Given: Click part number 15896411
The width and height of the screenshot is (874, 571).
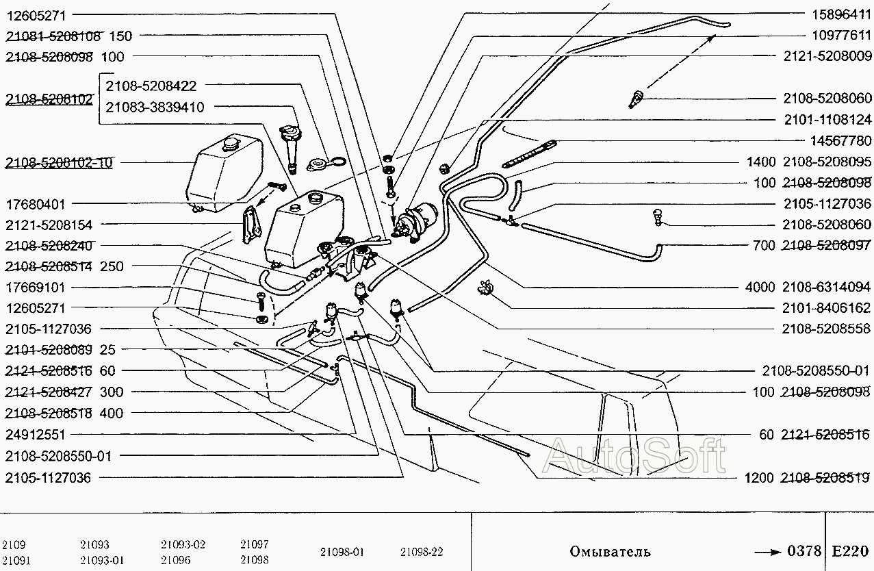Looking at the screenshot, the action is click(841, 15).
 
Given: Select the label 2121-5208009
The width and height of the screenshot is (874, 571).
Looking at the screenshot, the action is click(827, 56).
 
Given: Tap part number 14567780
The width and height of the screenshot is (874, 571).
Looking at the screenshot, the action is click(841, 140).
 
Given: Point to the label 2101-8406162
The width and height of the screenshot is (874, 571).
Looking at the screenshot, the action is click(826, 308).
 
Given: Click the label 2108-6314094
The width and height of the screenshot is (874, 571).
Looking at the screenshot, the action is click(826, 287).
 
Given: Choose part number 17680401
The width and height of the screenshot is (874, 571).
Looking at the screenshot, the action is click(36, 204).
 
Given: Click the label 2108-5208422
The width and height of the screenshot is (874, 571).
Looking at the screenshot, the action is click(151, 86).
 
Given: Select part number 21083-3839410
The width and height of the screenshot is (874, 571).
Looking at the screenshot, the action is click(155, 107).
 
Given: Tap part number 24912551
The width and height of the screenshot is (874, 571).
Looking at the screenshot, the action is click(36, 434).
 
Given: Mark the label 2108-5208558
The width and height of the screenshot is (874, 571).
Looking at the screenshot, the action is click(826, 329).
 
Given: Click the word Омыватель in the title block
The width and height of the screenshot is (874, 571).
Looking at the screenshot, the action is click(610, 551).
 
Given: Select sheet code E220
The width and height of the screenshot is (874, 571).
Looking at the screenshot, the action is click(850, 551).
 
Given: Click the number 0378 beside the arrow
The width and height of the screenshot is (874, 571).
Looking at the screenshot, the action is click(805, 550).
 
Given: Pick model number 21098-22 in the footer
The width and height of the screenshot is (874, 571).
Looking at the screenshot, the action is click(422, 552).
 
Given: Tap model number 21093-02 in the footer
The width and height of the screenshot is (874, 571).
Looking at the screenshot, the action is click(183, 544).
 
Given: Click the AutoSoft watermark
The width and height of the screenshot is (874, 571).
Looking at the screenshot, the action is click(634, 455).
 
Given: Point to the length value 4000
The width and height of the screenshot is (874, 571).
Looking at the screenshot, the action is click(760, 287).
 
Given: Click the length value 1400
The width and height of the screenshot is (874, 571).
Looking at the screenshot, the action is click(761, 162).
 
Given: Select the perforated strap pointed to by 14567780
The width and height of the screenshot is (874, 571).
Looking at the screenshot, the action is click(528, 153).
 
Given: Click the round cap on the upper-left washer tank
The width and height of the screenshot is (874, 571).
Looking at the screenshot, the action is click(230, 142).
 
